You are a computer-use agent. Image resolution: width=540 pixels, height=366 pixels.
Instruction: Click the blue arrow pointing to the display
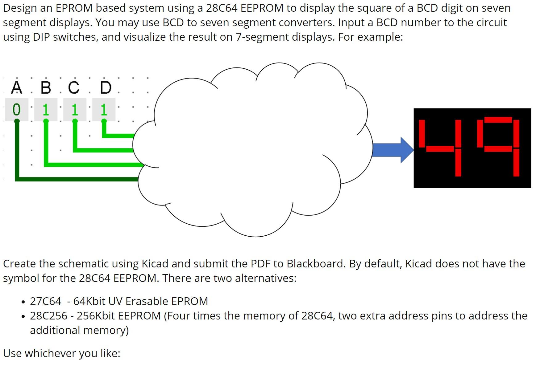(x=392, y=150)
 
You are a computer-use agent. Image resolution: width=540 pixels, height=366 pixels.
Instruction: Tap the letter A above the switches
(x=17, y=87)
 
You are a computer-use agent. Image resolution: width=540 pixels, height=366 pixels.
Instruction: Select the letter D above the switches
(x=106, y=87)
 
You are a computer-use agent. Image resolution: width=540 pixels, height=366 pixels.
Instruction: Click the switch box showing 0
(x=17, y=110)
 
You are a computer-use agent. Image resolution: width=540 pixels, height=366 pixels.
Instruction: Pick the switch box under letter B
(x=46, y=110)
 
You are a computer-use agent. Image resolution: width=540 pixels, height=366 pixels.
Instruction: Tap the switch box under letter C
(x=75, y=110)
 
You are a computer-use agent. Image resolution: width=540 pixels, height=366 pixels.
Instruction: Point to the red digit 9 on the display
(x=498, y=147)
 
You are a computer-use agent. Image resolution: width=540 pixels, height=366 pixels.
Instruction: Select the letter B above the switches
(x=46, y=87)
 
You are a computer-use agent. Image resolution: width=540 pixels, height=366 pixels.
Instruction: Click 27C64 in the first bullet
(x=46, y=301)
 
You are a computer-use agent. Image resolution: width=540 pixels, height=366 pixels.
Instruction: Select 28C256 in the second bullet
(x=48, y=316)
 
